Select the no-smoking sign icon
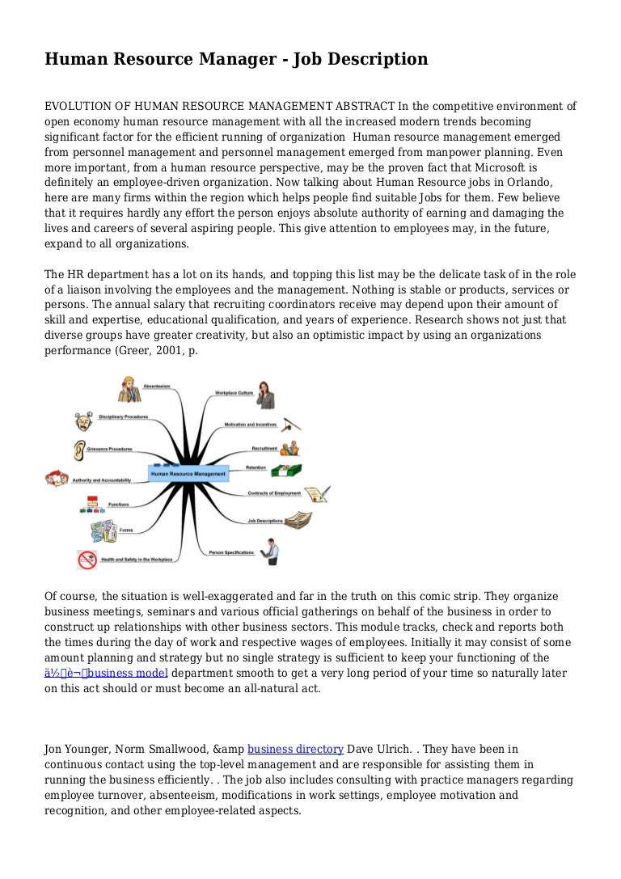87,560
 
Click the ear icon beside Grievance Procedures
79,450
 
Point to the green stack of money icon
285,471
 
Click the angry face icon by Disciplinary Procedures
83,421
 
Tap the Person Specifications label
230,553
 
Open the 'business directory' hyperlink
295,749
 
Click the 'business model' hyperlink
129,674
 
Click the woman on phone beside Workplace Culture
266,395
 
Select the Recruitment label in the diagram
264,448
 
